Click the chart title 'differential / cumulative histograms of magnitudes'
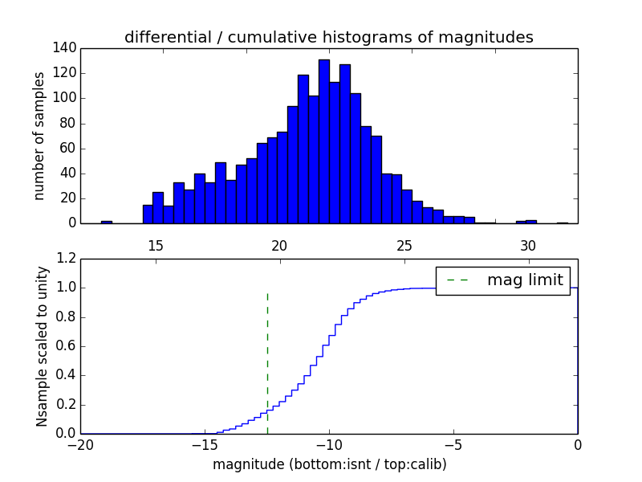click(x=329, y=37)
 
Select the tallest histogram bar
click(x=323, y=141)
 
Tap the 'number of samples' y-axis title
click(x=39, y=136)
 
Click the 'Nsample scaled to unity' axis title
click(x=41, y=346)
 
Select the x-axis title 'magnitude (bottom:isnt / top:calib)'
click(x=329, y=464)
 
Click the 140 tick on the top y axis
click(x=66, y=48)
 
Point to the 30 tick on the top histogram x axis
click(x=528, y=245)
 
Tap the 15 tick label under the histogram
click(x=156, y=245)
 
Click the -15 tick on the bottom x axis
click(x=205, y=444)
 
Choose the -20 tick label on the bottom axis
click(x=80, y=444)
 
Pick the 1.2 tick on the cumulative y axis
click(x=66, y=259)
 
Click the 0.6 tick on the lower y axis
click(x=66, y=346)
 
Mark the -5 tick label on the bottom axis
click(x=453, y=444)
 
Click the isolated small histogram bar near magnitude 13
click(x=106, y=222)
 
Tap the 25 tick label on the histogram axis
click(x=404, y=245)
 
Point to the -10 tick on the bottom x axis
click(x=329, y=444)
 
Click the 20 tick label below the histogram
click(x=279, y=245)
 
